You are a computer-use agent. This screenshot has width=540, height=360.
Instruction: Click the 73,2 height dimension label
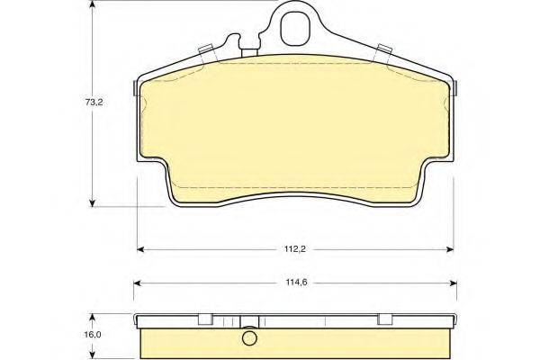(x=94, y=103)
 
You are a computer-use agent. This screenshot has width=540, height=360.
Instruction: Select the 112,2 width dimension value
(x=295, y=249)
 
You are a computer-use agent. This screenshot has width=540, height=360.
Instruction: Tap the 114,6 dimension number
(x=296, y=283)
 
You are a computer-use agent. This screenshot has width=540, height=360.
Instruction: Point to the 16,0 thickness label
(x=94, y=335)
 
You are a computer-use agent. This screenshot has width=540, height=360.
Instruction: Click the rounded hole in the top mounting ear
(x=296, y=29)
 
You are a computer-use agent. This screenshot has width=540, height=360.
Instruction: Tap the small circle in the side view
(x=249, y=338)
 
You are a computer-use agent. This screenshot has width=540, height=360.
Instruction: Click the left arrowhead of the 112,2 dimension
(x=140, y=249)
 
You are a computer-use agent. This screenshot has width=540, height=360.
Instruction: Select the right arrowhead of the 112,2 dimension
(x=450, y=249)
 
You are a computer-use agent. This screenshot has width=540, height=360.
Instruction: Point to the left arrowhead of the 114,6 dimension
(x=137, y=283)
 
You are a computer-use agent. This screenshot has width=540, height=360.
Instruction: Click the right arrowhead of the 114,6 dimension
(x=454, y=283)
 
